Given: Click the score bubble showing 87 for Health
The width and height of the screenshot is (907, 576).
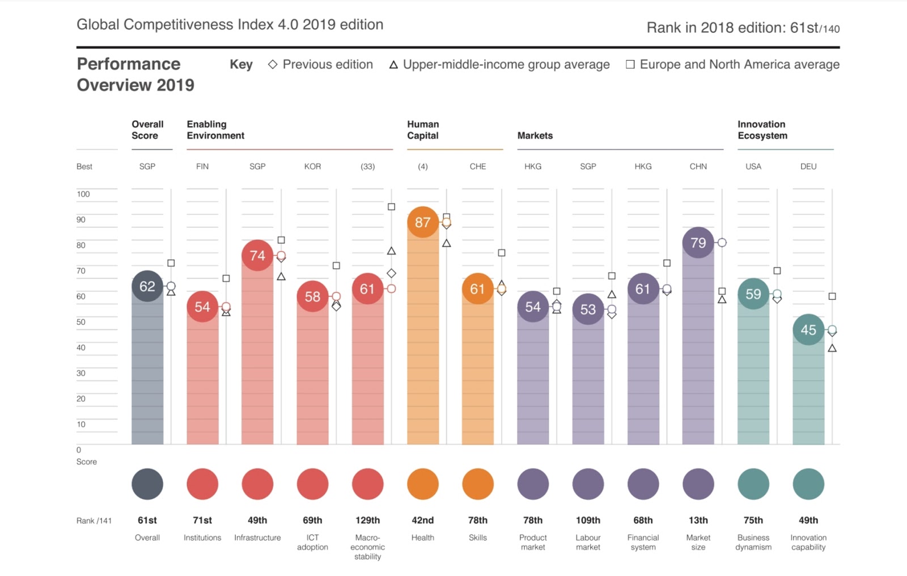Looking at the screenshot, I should coord(422,222).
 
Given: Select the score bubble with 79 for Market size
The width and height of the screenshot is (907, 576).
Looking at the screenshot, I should coord(698,243).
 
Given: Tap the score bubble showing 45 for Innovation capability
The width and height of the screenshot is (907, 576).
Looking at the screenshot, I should coord(808,329).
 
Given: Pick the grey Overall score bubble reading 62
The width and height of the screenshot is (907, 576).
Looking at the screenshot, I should coord(147,286).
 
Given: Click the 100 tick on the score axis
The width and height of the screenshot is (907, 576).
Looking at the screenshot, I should coord(83,194).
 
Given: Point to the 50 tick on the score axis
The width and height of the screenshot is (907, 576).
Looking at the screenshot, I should coord(81,322).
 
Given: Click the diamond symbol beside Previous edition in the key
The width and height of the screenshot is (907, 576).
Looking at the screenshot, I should coord(273,65).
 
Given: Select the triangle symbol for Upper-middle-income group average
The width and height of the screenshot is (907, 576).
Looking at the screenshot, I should coord(393,65).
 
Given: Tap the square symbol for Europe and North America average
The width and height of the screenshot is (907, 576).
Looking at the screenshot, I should coord(630,65).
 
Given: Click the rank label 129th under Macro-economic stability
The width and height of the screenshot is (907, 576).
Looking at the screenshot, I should coord(367,520).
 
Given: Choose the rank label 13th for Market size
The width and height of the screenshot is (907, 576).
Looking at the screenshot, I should coord(698,520).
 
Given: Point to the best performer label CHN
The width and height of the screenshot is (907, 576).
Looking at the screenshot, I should coord(698,167).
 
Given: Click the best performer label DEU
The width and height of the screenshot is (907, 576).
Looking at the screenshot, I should coord(808,167).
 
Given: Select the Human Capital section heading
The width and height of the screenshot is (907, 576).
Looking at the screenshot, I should coord(423,130).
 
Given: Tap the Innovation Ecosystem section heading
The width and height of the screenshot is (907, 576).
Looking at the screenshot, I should coord(762,130).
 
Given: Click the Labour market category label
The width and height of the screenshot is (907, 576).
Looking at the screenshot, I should coord(588,542).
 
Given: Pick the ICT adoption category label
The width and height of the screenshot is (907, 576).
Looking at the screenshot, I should coord(312,542).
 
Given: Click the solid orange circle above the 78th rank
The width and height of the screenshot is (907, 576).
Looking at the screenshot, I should coord(477,484).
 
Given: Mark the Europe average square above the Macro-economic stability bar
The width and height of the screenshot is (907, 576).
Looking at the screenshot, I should coord(391,207).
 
